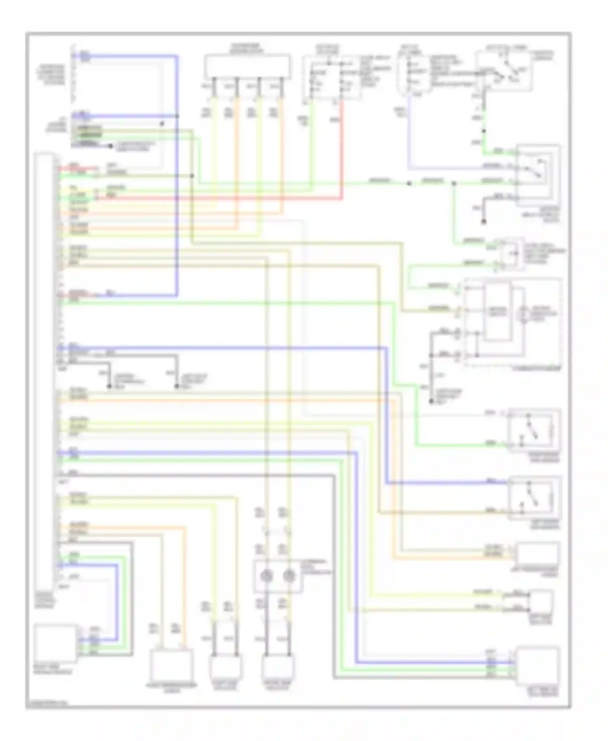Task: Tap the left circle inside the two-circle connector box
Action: (266, 576)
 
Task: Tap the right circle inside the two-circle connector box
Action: (289, 576)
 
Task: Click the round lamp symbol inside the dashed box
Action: (523, 314)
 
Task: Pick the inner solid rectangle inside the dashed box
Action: (497, 312)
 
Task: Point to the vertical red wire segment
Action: (342, 150)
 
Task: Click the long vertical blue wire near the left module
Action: (177, 203)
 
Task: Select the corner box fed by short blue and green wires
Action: (55, 643)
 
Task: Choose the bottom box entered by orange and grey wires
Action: (171, 666)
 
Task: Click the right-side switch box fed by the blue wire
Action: (535, 497)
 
